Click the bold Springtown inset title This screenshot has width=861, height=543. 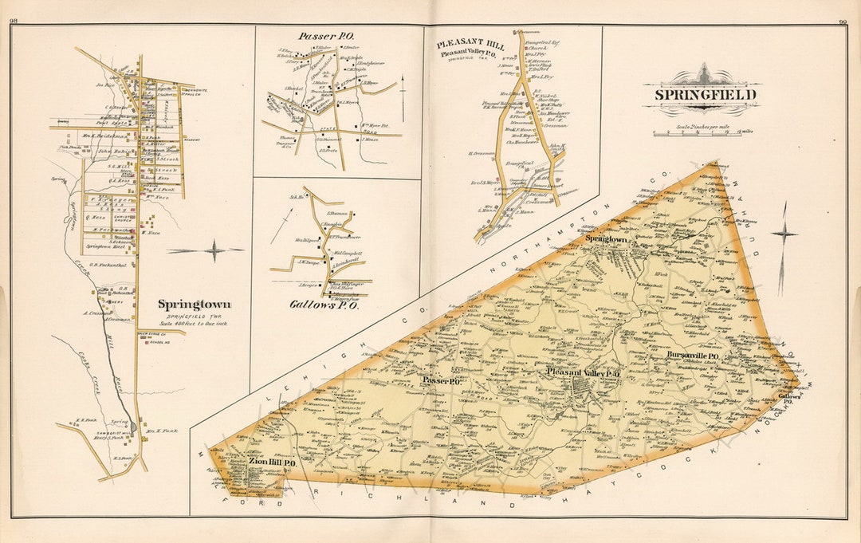coord(195,304)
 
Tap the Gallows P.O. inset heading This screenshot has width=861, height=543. coord(325,305)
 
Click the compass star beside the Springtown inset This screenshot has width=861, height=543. coord(213,250)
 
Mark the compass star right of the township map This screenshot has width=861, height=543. coord(784,234)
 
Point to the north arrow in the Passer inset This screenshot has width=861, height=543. coord(403,87)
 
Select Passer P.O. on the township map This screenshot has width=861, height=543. coord(442,381)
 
